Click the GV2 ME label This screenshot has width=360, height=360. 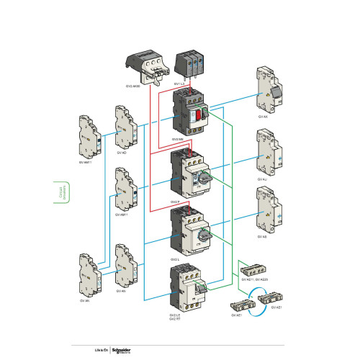(177, 140)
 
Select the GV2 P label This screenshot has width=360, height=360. (175, 202)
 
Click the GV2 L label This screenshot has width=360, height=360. (175, 258)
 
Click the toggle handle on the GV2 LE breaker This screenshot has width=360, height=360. (204, 287)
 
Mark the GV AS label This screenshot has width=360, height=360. (261, 236)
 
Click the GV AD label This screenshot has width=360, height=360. (120, 153)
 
